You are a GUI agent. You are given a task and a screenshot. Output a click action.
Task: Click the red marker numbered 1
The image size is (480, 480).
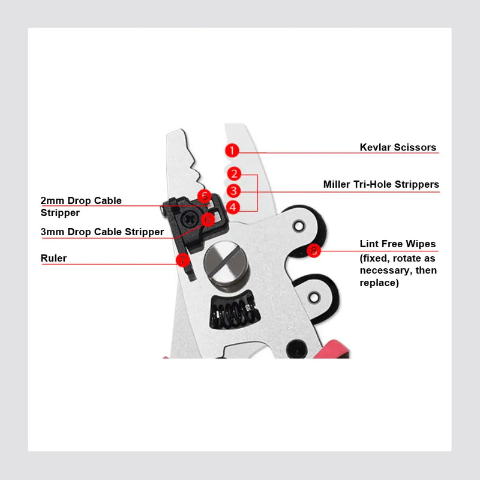pyautogui.click(x=232, y=150)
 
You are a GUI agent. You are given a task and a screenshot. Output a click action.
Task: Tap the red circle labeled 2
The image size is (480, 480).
pyautogui.click(x=234, y=174)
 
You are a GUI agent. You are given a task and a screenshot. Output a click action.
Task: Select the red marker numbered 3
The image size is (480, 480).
pyautogui.click(x=234, y=191)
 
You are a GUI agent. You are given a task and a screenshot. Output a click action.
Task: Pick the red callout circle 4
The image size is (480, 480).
pyautogui.click(x=234, y=207)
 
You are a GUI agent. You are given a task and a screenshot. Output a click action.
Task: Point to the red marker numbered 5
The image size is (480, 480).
pyautogui.click(x=204, y=196)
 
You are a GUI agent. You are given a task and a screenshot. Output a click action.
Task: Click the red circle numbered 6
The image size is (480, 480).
pyautogui.click(x=207, y=220)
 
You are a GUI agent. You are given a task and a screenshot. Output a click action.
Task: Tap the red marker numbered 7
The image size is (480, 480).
pyautogui.click(x=182, y=260)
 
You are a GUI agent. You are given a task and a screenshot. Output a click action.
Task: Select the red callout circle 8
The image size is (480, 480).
pyautogui.click(x=313, y=250)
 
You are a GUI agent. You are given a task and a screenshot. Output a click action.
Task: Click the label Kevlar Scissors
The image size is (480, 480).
pyautogui.click(x=398, y=148)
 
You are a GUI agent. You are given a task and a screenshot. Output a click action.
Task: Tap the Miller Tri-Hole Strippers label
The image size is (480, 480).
pyautogui.click(x=381, y=184)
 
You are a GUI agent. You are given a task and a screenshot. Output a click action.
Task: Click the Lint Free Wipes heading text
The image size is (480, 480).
pyautogui.click(x=398, y=244)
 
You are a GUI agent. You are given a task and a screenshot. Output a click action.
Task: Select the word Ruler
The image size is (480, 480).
pyautogui.click(x=53, y=259)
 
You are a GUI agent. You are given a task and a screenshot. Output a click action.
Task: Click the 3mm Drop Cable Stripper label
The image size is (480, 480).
pyautogui.click(x=102, y=232)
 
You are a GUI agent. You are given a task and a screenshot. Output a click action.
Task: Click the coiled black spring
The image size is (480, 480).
pyautogui.click(x=235, y=313)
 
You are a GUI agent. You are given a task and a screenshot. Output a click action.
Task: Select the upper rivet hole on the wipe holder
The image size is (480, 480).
pyautogui.click(x=298, y=226)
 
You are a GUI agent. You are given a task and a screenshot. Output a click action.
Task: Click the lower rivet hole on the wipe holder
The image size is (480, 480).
pyautogui.click(x=313, y=297)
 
